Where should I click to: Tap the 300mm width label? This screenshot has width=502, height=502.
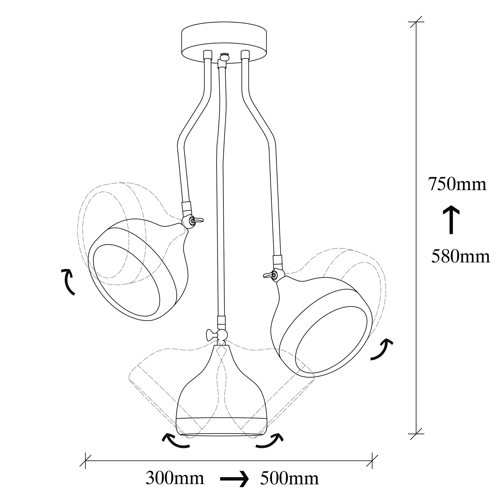point(175,478)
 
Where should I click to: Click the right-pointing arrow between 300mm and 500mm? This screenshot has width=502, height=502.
point(234,478)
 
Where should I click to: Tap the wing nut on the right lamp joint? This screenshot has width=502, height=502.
point(268,275)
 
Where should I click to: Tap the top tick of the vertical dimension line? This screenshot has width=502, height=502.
point(417,22)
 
